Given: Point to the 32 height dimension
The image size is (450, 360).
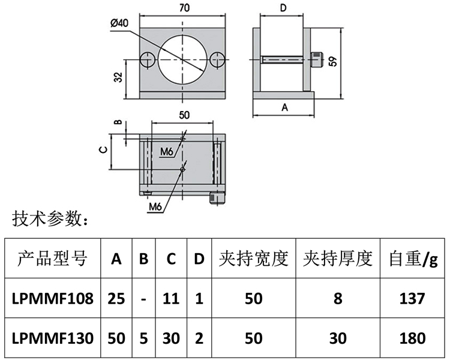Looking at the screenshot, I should pos(118,77).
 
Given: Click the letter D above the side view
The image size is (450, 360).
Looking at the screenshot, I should pos(284,8).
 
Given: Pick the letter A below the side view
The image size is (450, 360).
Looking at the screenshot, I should pos(285,107).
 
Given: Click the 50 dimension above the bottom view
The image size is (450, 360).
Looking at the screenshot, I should pos(184,114).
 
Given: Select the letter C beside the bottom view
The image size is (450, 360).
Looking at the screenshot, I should pos(103,150).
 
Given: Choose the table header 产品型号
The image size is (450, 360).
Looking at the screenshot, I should pos(52,259).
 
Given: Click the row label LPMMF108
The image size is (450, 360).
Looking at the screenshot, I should pos(53,298).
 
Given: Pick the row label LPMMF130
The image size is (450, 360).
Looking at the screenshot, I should pos(53,338).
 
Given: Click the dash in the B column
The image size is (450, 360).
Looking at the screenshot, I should pos(143,298).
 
